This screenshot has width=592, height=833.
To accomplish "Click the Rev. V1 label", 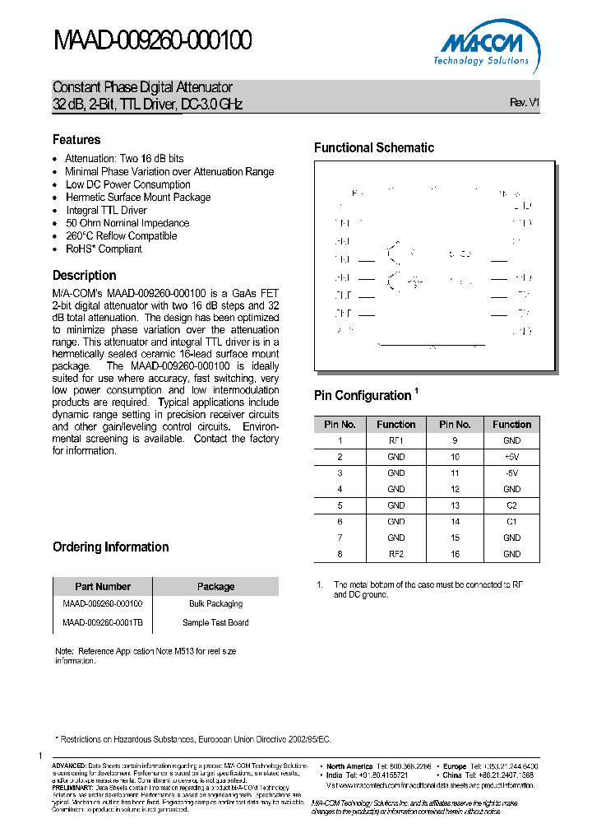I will pyautogui.click(x=524, y=103).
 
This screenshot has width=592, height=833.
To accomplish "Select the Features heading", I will pyautogui.click(x=76, y=140).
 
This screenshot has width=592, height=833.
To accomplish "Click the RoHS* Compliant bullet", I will pyautogui.click(x=104, y=249).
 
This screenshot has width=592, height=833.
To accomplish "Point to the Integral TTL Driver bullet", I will pyautogui.click(x=106, y=210).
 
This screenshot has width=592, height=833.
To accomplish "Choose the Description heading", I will pyautogui.click(x=84, y=276).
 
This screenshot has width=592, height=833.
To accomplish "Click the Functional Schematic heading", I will pyautogui.click(x=374, y=148).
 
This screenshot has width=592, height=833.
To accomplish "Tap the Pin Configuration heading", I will pyautogui.click(x=362, y=396).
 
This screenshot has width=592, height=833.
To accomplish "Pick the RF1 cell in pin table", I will pyautogui.click(x=395, y=440).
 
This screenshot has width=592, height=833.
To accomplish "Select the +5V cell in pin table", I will pyautogui.click(x=511, y=456).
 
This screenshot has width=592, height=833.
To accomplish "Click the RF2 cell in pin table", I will pyautogui.click(x=395, y=554).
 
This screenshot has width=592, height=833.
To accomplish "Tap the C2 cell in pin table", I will pyautogui.click(x=511, y=505).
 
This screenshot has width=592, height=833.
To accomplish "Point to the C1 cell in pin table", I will pyautogui.click(x=511, y=521).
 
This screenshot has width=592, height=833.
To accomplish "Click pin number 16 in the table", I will pyautogui.click(x=454, y=554).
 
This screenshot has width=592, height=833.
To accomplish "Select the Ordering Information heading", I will pyautogui.click(x=110, y=547).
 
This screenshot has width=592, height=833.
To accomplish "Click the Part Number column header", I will pyautogui.click(x=103, y=587).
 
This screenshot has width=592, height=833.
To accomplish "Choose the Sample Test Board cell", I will pyautogui.click(x=215, y=622).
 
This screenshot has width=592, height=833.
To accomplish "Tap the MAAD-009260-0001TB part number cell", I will pyautogui.click(x=103, y=622).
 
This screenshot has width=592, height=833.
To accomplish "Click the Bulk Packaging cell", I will pyautogui.click(x=215, y=603).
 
